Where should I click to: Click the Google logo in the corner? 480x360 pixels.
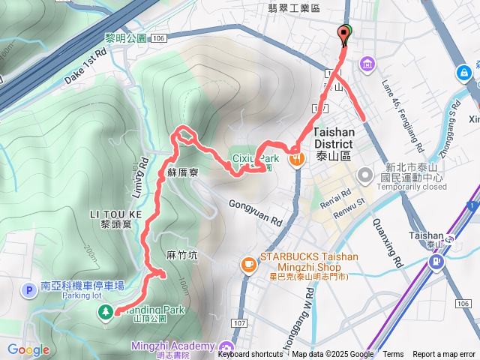click(x=28, y=350)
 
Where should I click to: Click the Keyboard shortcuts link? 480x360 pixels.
click(x=250, y=355)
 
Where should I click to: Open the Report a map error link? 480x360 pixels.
click(x=444, y=355)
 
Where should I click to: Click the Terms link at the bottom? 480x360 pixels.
click(x=393, y=355)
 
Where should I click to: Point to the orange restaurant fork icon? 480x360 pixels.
click(x=298, y=158)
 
